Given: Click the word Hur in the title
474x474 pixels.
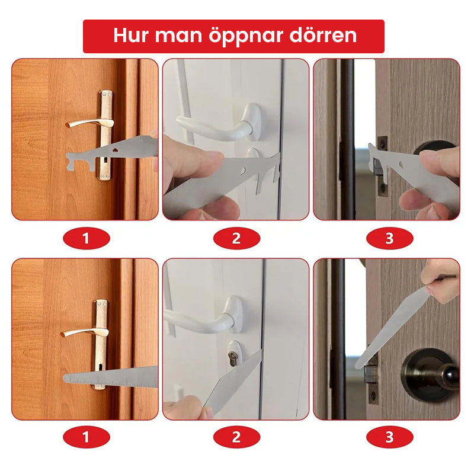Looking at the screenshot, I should tap(132, 36).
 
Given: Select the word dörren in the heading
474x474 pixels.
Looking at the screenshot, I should tap(324, 36).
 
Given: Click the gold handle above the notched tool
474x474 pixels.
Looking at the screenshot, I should tap(89, 123).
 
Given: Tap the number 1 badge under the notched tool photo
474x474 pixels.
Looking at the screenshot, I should tap(87, 239).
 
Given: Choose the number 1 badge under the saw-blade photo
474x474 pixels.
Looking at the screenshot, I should tap(87, 438).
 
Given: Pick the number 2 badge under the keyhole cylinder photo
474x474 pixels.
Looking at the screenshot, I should tap(236, 438).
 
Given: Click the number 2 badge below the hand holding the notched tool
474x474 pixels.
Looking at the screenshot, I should tap(236, 239).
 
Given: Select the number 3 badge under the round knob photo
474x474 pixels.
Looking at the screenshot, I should tap(389, 438).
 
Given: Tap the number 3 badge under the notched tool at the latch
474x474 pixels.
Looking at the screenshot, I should tap(389, 239).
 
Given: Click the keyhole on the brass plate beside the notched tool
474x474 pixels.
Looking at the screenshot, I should tap(105, 159).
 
